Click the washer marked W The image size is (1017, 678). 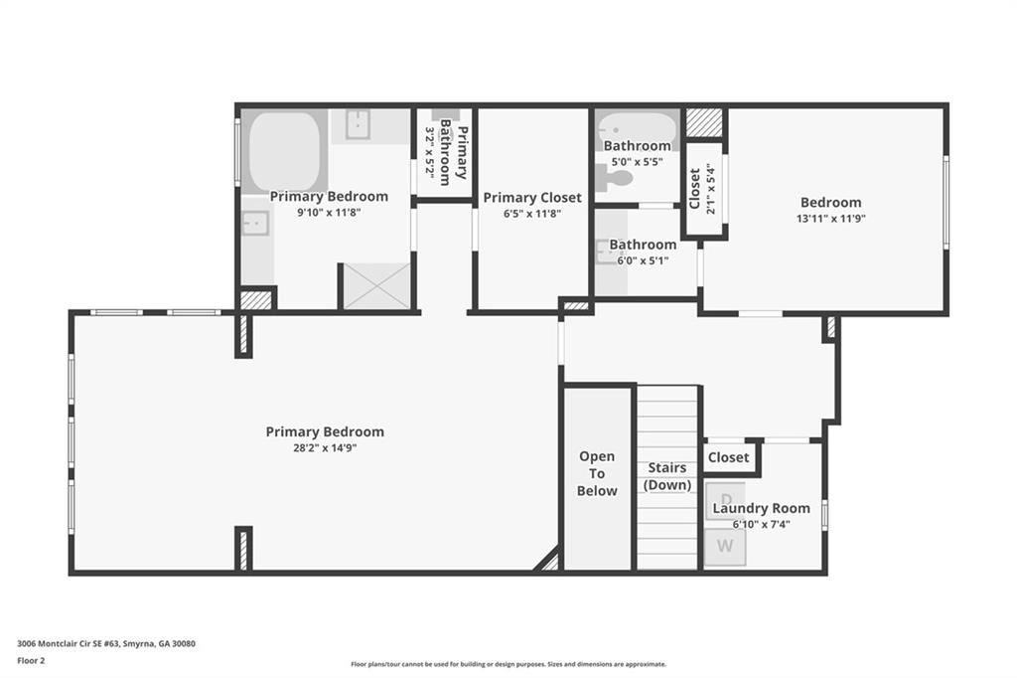pos(725,546)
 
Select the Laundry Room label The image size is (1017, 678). pos(761,508)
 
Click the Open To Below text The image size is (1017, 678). pos(597,473)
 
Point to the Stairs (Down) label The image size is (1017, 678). pos(666,476)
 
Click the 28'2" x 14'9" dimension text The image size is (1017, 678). pos(325,448)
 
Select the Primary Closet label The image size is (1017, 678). pos(532,198)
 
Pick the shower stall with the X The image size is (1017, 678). pos(376,285)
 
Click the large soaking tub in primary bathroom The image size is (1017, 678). pos(286,149)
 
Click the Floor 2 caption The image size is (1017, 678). pos(33,659)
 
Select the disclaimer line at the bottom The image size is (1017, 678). pos(508,664)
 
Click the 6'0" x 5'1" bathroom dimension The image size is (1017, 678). pos(643,260)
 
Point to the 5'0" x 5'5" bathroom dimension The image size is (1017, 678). pos(637,161)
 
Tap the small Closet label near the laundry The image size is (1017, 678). pos(728,457)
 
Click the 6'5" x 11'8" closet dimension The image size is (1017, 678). pos(532,214)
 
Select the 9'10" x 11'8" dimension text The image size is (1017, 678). pos(329,212)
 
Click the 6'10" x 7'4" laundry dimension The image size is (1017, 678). pos(761,524)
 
